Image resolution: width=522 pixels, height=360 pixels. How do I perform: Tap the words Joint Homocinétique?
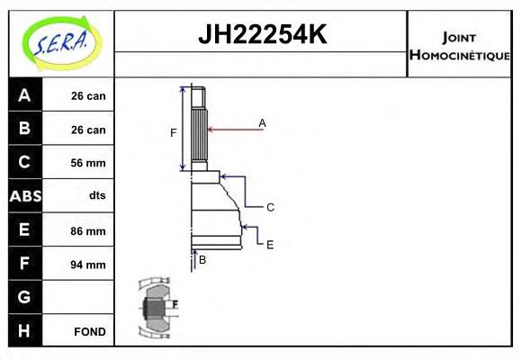(x=459, y=45)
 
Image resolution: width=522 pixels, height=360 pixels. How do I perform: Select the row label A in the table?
(x=24, y=95)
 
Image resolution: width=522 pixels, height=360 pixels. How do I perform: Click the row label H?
(x=24, y=331)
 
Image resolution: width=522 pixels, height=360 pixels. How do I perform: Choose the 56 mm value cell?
(x=88, y=163)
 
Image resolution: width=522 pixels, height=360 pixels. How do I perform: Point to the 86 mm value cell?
(x=88, y=231)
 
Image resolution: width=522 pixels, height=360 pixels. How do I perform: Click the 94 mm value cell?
(x=88, y=265)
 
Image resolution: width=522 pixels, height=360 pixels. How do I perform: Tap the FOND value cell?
(x=88, y=332)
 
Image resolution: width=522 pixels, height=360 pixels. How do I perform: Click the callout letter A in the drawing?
(x=262, y=122)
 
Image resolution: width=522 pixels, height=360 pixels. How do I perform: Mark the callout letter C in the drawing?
(x=269, y=207)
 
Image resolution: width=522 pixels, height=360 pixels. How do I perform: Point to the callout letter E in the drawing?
(x=269, y=243)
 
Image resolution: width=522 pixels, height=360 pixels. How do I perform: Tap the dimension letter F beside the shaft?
(x=174, y=133)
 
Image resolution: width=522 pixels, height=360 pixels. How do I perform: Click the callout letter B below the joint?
(x=202, y=259)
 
